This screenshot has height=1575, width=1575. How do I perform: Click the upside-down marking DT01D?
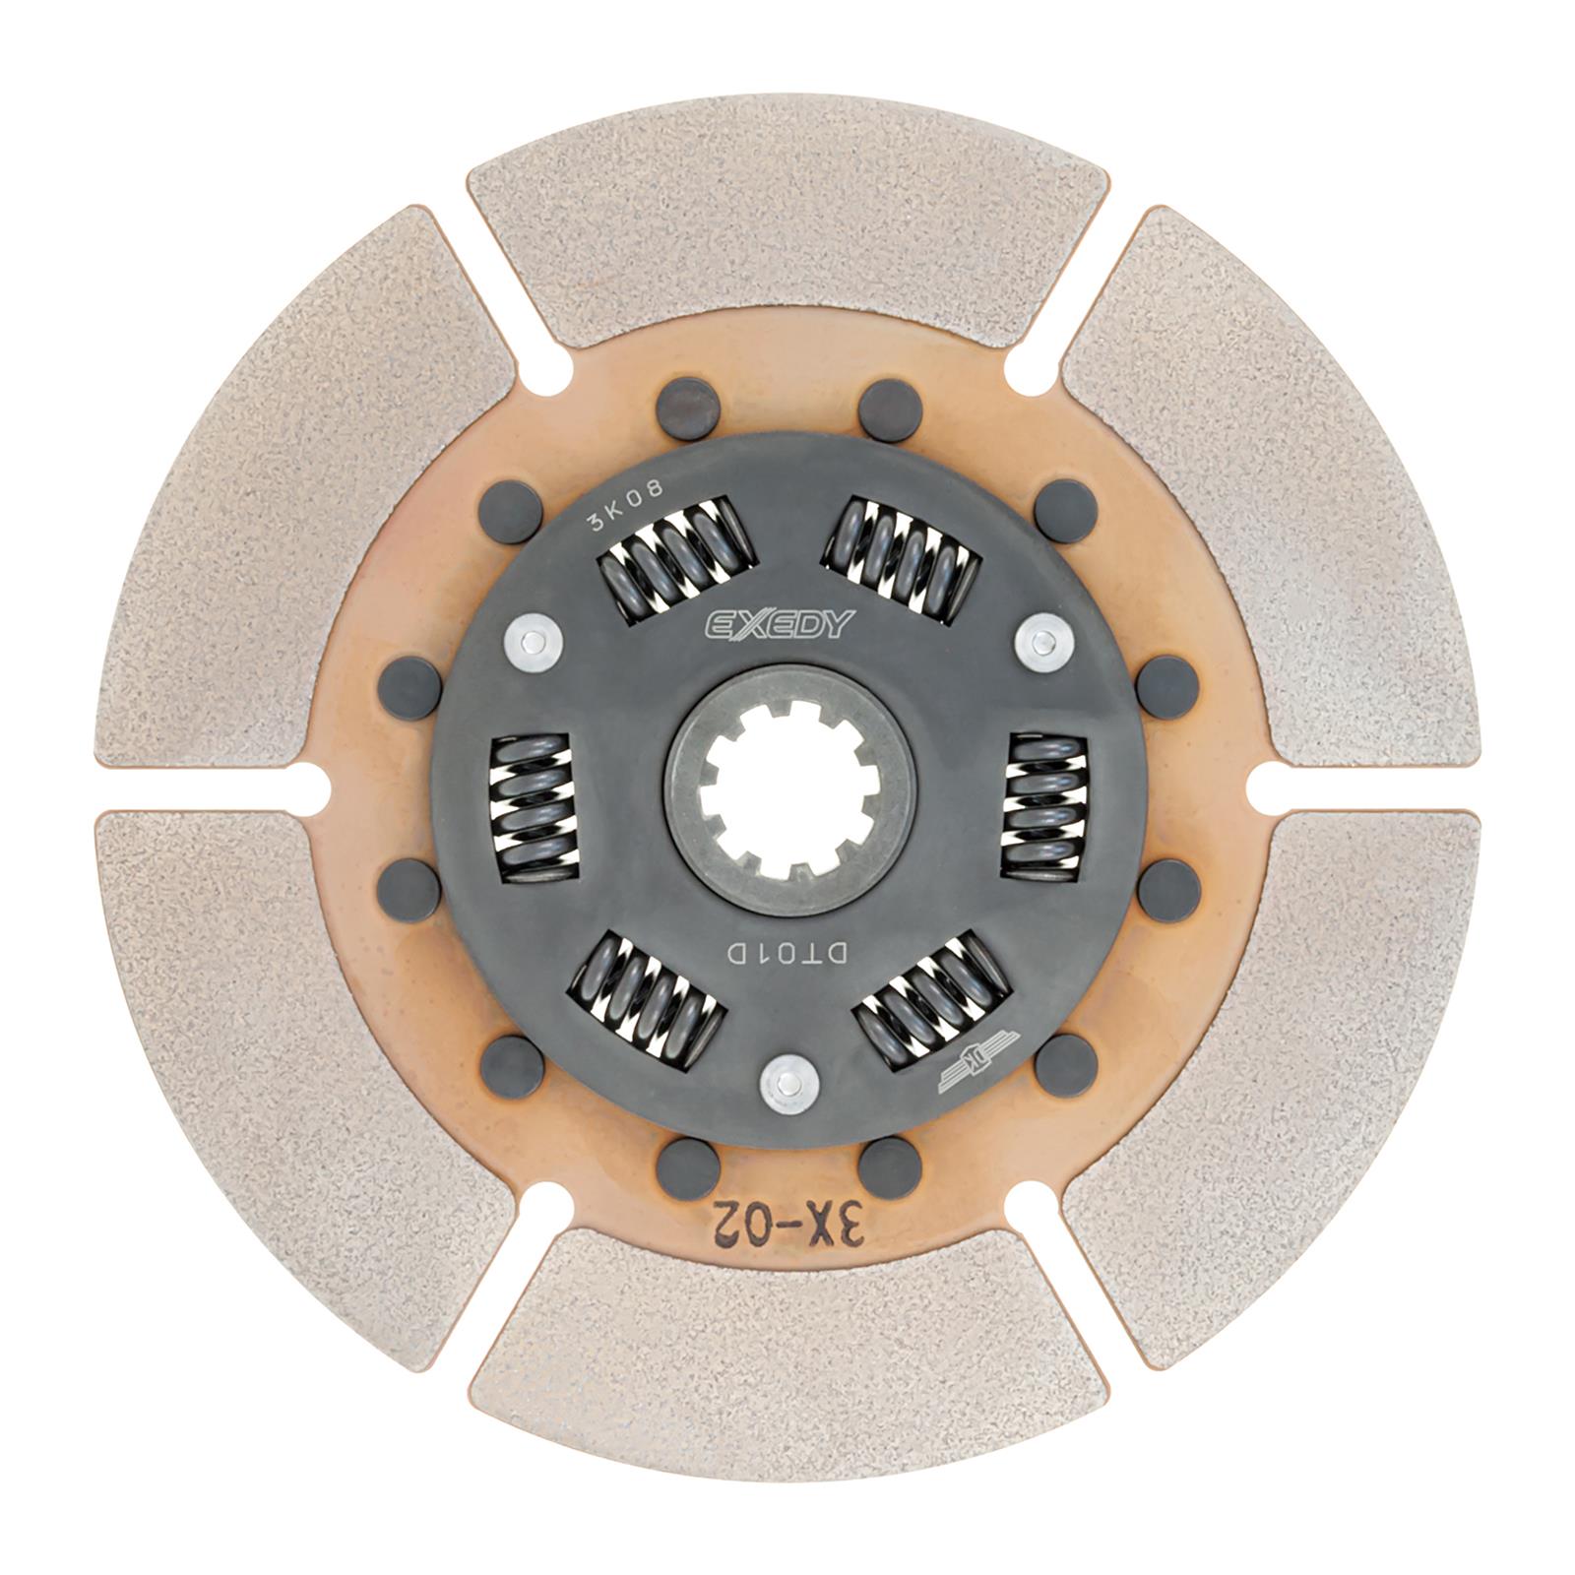pyautogui.click(x=787, y=953)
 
